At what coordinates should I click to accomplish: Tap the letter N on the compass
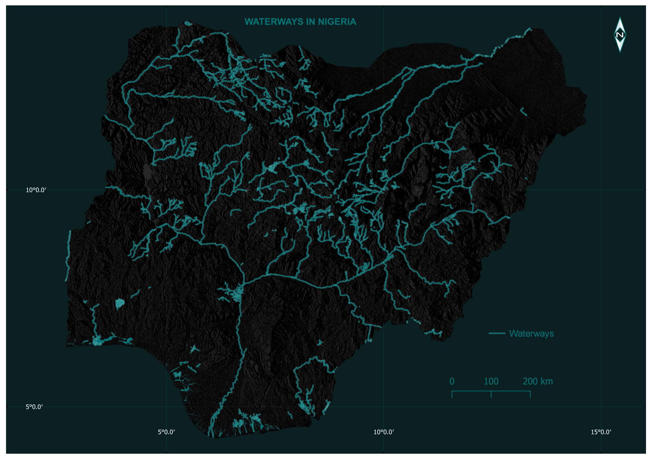[620, 35]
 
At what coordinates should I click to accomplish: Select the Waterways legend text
[531, 333]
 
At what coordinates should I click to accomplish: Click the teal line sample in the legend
[497, 333]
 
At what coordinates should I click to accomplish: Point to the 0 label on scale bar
[452, 381]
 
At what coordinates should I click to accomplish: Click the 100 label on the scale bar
[491, 381]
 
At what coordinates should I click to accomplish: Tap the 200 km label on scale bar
[537, 381]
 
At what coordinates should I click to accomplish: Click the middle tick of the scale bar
[491, 394]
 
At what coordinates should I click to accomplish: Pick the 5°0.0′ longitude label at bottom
[166, 432]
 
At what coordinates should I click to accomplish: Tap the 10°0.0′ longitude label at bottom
[383, 432]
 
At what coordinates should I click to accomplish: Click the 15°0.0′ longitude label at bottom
[601, 432]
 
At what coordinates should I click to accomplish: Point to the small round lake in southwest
[120, 304]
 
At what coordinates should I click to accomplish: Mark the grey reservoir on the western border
[147, 172]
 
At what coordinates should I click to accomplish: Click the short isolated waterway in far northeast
[524, 112]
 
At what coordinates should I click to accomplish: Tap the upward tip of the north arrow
[620, 18]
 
